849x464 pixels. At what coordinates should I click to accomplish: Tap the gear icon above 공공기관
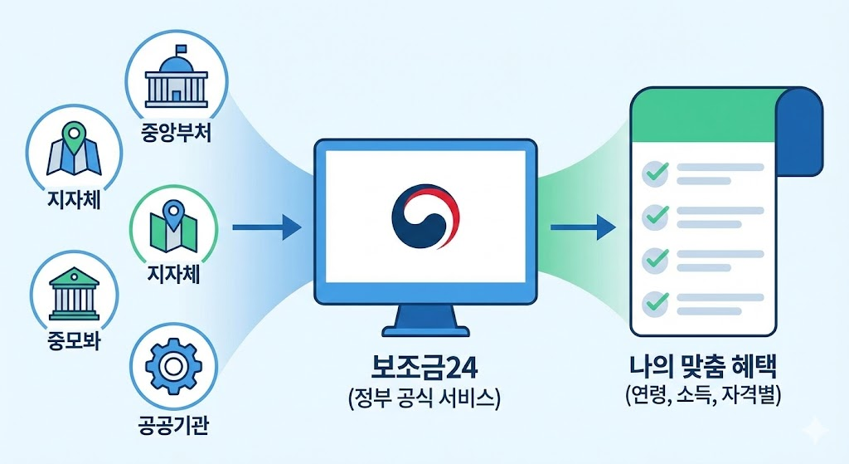click(174, 364)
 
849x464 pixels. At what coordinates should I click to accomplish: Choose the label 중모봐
click(71, 342)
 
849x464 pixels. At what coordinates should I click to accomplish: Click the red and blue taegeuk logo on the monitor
click(424, 215)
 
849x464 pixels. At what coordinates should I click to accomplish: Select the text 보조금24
click(423, 368)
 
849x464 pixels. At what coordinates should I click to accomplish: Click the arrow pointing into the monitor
click(266, 227)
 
